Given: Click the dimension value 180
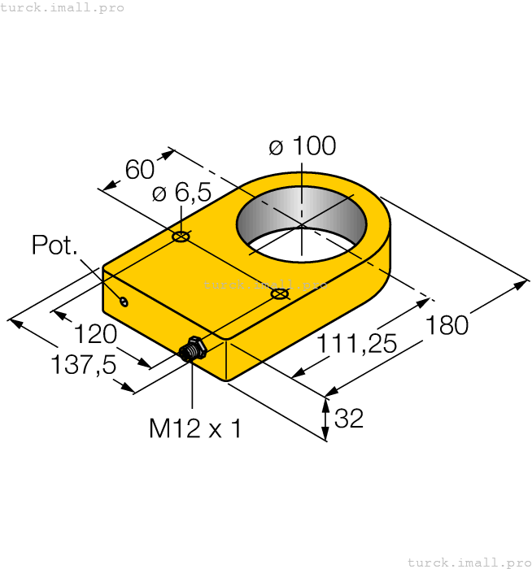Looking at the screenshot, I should click(x=447, y=324).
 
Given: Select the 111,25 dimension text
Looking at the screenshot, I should click(x=356, y=344).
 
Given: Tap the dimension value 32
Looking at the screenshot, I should click(x=349, y=418).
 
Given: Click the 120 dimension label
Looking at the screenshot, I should click(x=96, y=334).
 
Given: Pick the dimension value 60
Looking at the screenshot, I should click(x=139, y=170).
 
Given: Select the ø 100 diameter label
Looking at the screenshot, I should click(x=302, y=146).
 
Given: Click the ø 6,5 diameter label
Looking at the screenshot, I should click(x=181, y=193).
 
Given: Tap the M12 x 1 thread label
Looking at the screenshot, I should click(x=194, y=428).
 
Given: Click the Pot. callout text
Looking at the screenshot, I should click(x=55, y=245).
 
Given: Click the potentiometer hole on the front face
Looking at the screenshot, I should click(x=124, y=302).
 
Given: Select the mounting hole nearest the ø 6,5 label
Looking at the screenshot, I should click(x=181, y=237).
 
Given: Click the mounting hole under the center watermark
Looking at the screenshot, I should click(x=279, y=293).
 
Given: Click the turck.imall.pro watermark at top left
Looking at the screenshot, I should click(x=63, y=7).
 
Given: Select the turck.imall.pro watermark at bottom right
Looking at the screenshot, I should click(x=469, y=562).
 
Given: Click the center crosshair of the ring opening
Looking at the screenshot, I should click(x=301, y=225).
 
